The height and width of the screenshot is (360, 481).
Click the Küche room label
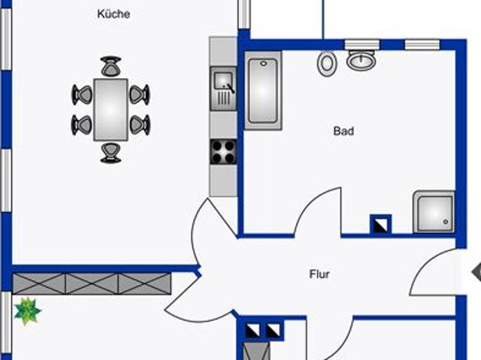coord(113,14)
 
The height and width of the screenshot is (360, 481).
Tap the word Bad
coord(343,131)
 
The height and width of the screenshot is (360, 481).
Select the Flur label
coord(319,274)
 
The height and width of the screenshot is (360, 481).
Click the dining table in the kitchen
coord(110,110)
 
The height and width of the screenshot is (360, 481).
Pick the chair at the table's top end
coord(110,66)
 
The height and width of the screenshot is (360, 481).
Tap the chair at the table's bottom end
coord(110,153)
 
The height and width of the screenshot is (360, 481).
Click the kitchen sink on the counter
coord(223,89)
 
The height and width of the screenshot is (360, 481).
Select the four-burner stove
coord(223,152)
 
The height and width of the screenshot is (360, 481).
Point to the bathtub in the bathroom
coord(263,90)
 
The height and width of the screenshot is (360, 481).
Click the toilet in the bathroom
coord(327,63)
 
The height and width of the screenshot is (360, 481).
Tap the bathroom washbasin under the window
coord(362,60)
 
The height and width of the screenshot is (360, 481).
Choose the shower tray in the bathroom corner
coord(434,212)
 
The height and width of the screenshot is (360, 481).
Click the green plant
coord(27,311)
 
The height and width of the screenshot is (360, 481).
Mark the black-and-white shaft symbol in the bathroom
coord(380,225)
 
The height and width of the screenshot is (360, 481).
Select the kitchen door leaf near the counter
coord(222,218)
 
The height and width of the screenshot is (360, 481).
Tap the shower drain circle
coord(446,222)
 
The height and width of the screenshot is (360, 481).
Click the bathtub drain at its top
coord(264,63)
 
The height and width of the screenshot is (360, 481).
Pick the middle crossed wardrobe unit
coord(92,283)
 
